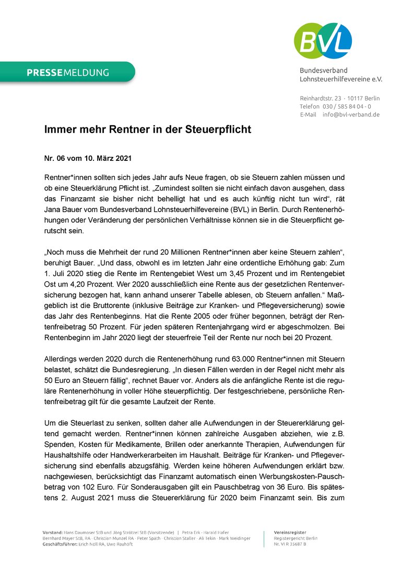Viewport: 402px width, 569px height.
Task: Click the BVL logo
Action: tap(323, 41)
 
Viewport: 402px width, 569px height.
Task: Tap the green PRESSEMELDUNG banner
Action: tap(68, 73)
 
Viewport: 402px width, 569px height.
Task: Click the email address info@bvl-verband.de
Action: tap(351, 114)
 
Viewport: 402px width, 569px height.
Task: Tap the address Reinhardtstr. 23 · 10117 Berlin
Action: tap(340, 98)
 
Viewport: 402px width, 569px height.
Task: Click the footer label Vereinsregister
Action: tap(290, 532)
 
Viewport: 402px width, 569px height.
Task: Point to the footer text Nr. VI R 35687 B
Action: tap(290, 544)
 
